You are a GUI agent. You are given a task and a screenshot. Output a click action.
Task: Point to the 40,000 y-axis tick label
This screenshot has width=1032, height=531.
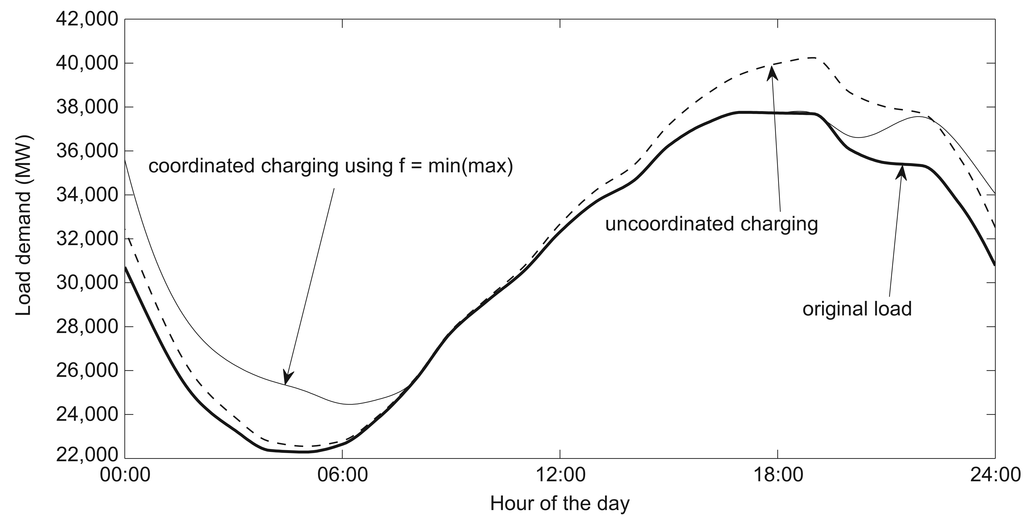click(x=87, y=64)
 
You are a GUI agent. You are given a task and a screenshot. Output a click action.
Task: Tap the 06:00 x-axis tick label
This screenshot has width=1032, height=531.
click(x=343, y=475)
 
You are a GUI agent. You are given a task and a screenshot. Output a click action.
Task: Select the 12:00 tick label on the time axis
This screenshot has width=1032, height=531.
click(x=560, y=475)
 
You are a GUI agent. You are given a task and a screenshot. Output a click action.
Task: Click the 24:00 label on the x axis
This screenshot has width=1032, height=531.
click(x=995, y=475)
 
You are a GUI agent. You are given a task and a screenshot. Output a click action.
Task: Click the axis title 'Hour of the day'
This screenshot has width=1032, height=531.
click(x=560, y=504)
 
